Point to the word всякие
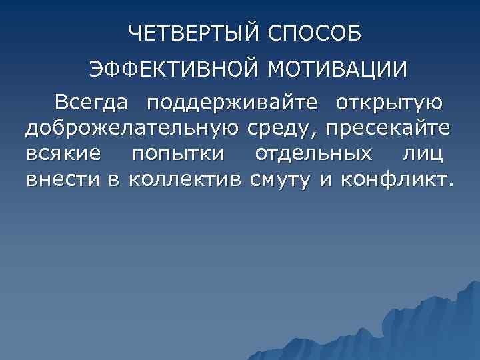click(65, 154)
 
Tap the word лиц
click(423, 154)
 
